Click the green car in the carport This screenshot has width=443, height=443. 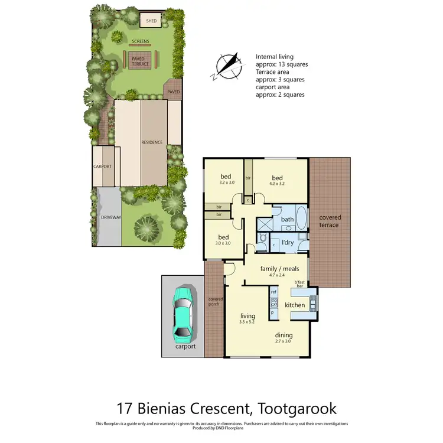click(184, 313)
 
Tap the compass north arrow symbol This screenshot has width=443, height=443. click(229, 64)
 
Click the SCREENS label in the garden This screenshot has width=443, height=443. click(141, 42)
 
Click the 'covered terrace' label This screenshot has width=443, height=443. click(329, 221)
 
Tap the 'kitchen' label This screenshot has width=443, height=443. click(294, 305)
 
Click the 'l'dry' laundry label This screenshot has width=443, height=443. click(288, 243)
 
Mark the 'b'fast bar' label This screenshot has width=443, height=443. click(302, 285)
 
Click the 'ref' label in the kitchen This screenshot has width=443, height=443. click(273, 292)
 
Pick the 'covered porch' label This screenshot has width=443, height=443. click(214, 302)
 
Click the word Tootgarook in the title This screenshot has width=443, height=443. click(288, 408)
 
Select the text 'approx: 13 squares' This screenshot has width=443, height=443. click(282, 64)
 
